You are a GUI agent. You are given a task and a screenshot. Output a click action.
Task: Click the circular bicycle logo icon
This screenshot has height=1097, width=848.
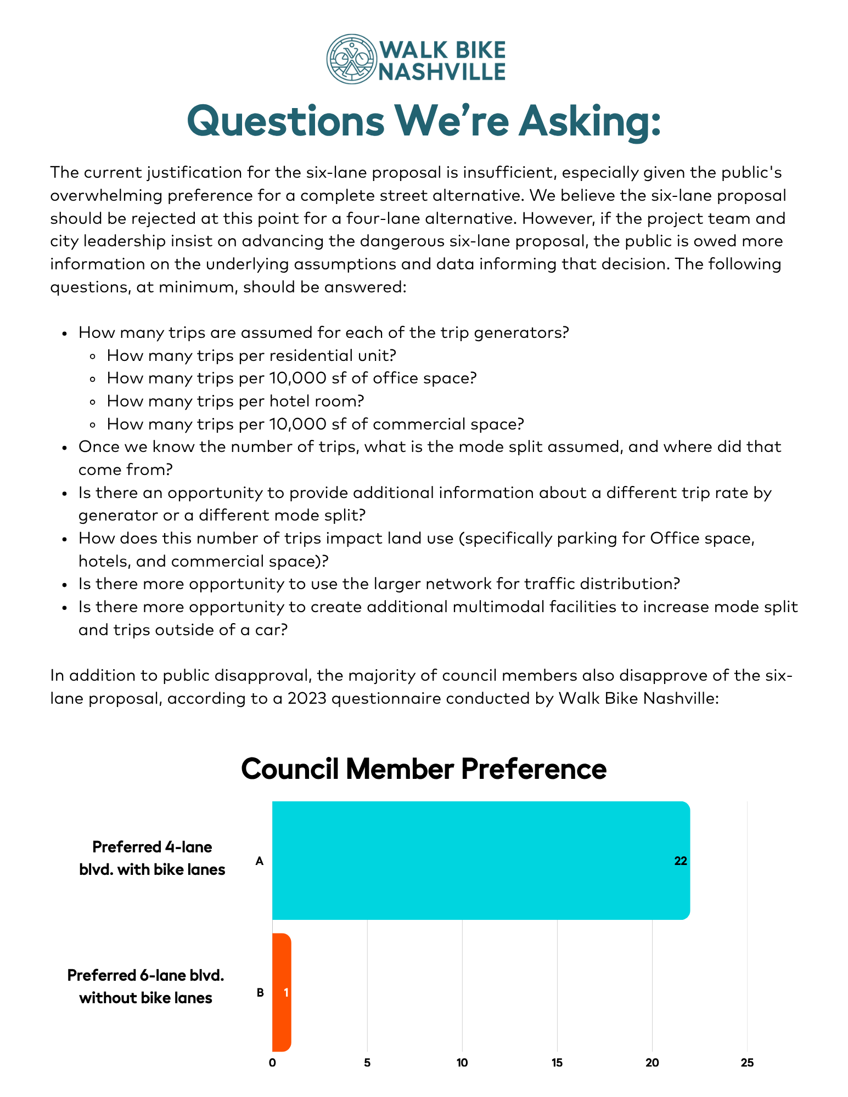(351, 59)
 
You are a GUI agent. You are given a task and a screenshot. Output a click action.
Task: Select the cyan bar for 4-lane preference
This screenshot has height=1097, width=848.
(480, 860)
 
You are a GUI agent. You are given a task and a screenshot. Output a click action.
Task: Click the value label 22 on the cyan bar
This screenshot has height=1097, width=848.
(680, 861)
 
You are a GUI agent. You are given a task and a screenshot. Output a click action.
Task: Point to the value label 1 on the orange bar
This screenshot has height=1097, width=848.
(286, 992)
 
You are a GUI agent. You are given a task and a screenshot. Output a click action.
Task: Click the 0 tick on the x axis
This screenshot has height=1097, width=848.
(272, 1063)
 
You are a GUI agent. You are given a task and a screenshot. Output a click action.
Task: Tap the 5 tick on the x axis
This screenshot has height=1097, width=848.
(367, 1063)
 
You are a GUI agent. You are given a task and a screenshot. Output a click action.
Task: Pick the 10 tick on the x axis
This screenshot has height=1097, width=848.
(462, 1063)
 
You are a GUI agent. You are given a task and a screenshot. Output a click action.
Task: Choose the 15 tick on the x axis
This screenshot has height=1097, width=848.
(557, 1063)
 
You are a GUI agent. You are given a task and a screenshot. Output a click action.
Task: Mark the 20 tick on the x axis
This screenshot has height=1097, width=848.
(652, 1063)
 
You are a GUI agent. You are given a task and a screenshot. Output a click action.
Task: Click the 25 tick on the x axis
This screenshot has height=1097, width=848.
(747, 1063)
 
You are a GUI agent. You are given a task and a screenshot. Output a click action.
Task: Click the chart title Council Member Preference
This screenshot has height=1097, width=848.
(424, 769)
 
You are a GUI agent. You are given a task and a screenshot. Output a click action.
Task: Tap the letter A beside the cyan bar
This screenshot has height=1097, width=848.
(260, 861)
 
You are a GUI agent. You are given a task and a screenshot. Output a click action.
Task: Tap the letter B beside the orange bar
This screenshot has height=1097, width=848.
(261, 992)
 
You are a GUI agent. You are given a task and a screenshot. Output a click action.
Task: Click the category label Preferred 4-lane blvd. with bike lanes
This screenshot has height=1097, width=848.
(152, 858)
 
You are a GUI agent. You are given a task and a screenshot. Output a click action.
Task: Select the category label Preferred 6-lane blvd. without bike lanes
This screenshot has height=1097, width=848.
(146, 986)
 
